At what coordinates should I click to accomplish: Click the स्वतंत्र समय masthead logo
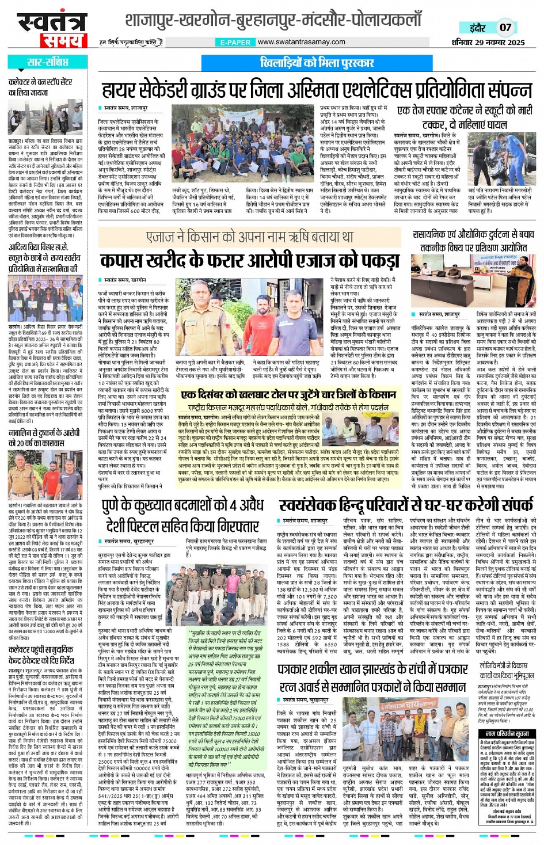[49, 30]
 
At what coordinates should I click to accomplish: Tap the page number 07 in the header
[505, 27]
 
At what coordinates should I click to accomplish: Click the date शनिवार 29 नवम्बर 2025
[488, 42]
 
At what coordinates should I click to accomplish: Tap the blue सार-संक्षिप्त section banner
[47, 62]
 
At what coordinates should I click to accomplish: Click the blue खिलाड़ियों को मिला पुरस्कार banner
[317, 62]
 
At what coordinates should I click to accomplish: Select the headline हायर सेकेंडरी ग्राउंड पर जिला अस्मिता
[317, 90]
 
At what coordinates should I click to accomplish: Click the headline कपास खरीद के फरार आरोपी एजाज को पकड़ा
[250, 261]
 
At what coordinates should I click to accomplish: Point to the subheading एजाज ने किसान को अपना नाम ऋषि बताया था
[250, 237]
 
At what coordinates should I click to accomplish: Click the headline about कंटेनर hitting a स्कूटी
[464, 117]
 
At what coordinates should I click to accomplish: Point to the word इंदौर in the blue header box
[477, 27]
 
